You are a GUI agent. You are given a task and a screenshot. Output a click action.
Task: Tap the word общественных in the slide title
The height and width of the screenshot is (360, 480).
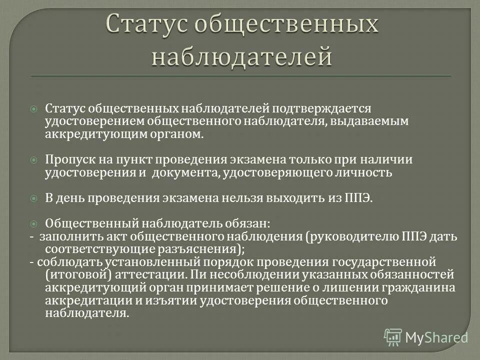click(x=285, y=25)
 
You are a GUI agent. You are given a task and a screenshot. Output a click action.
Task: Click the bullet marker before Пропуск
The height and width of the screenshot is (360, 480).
click(x=34, y=160)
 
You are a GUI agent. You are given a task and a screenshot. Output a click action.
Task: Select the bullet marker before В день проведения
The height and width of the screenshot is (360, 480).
click(x=34, y=198)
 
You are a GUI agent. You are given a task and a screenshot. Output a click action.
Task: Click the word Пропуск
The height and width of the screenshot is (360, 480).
click(x=66, y=160)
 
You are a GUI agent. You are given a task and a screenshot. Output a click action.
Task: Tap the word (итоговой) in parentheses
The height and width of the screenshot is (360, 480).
click(x=74, y=275)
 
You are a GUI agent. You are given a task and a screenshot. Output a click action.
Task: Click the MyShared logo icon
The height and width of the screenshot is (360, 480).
click(x=393, y=337)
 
